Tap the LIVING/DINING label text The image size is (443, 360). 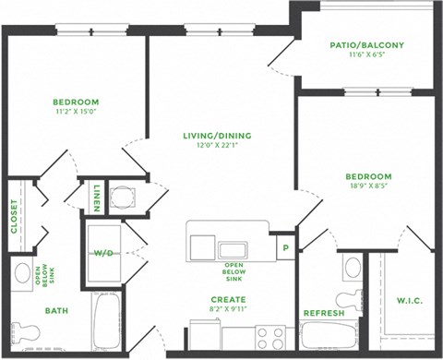tap(217, 136)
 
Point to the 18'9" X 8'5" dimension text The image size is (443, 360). tap(368, 186)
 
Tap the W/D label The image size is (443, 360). tap(102, 252)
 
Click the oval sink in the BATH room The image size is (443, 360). tap(22, 274)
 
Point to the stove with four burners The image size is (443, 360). tap(272, 338)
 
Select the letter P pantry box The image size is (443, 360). tap(285, 247)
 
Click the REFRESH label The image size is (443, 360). tap(324, 314)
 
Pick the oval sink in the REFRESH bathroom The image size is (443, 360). tap(352, 269)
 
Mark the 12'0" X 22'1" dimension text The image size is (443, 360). tap(217, 146)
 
